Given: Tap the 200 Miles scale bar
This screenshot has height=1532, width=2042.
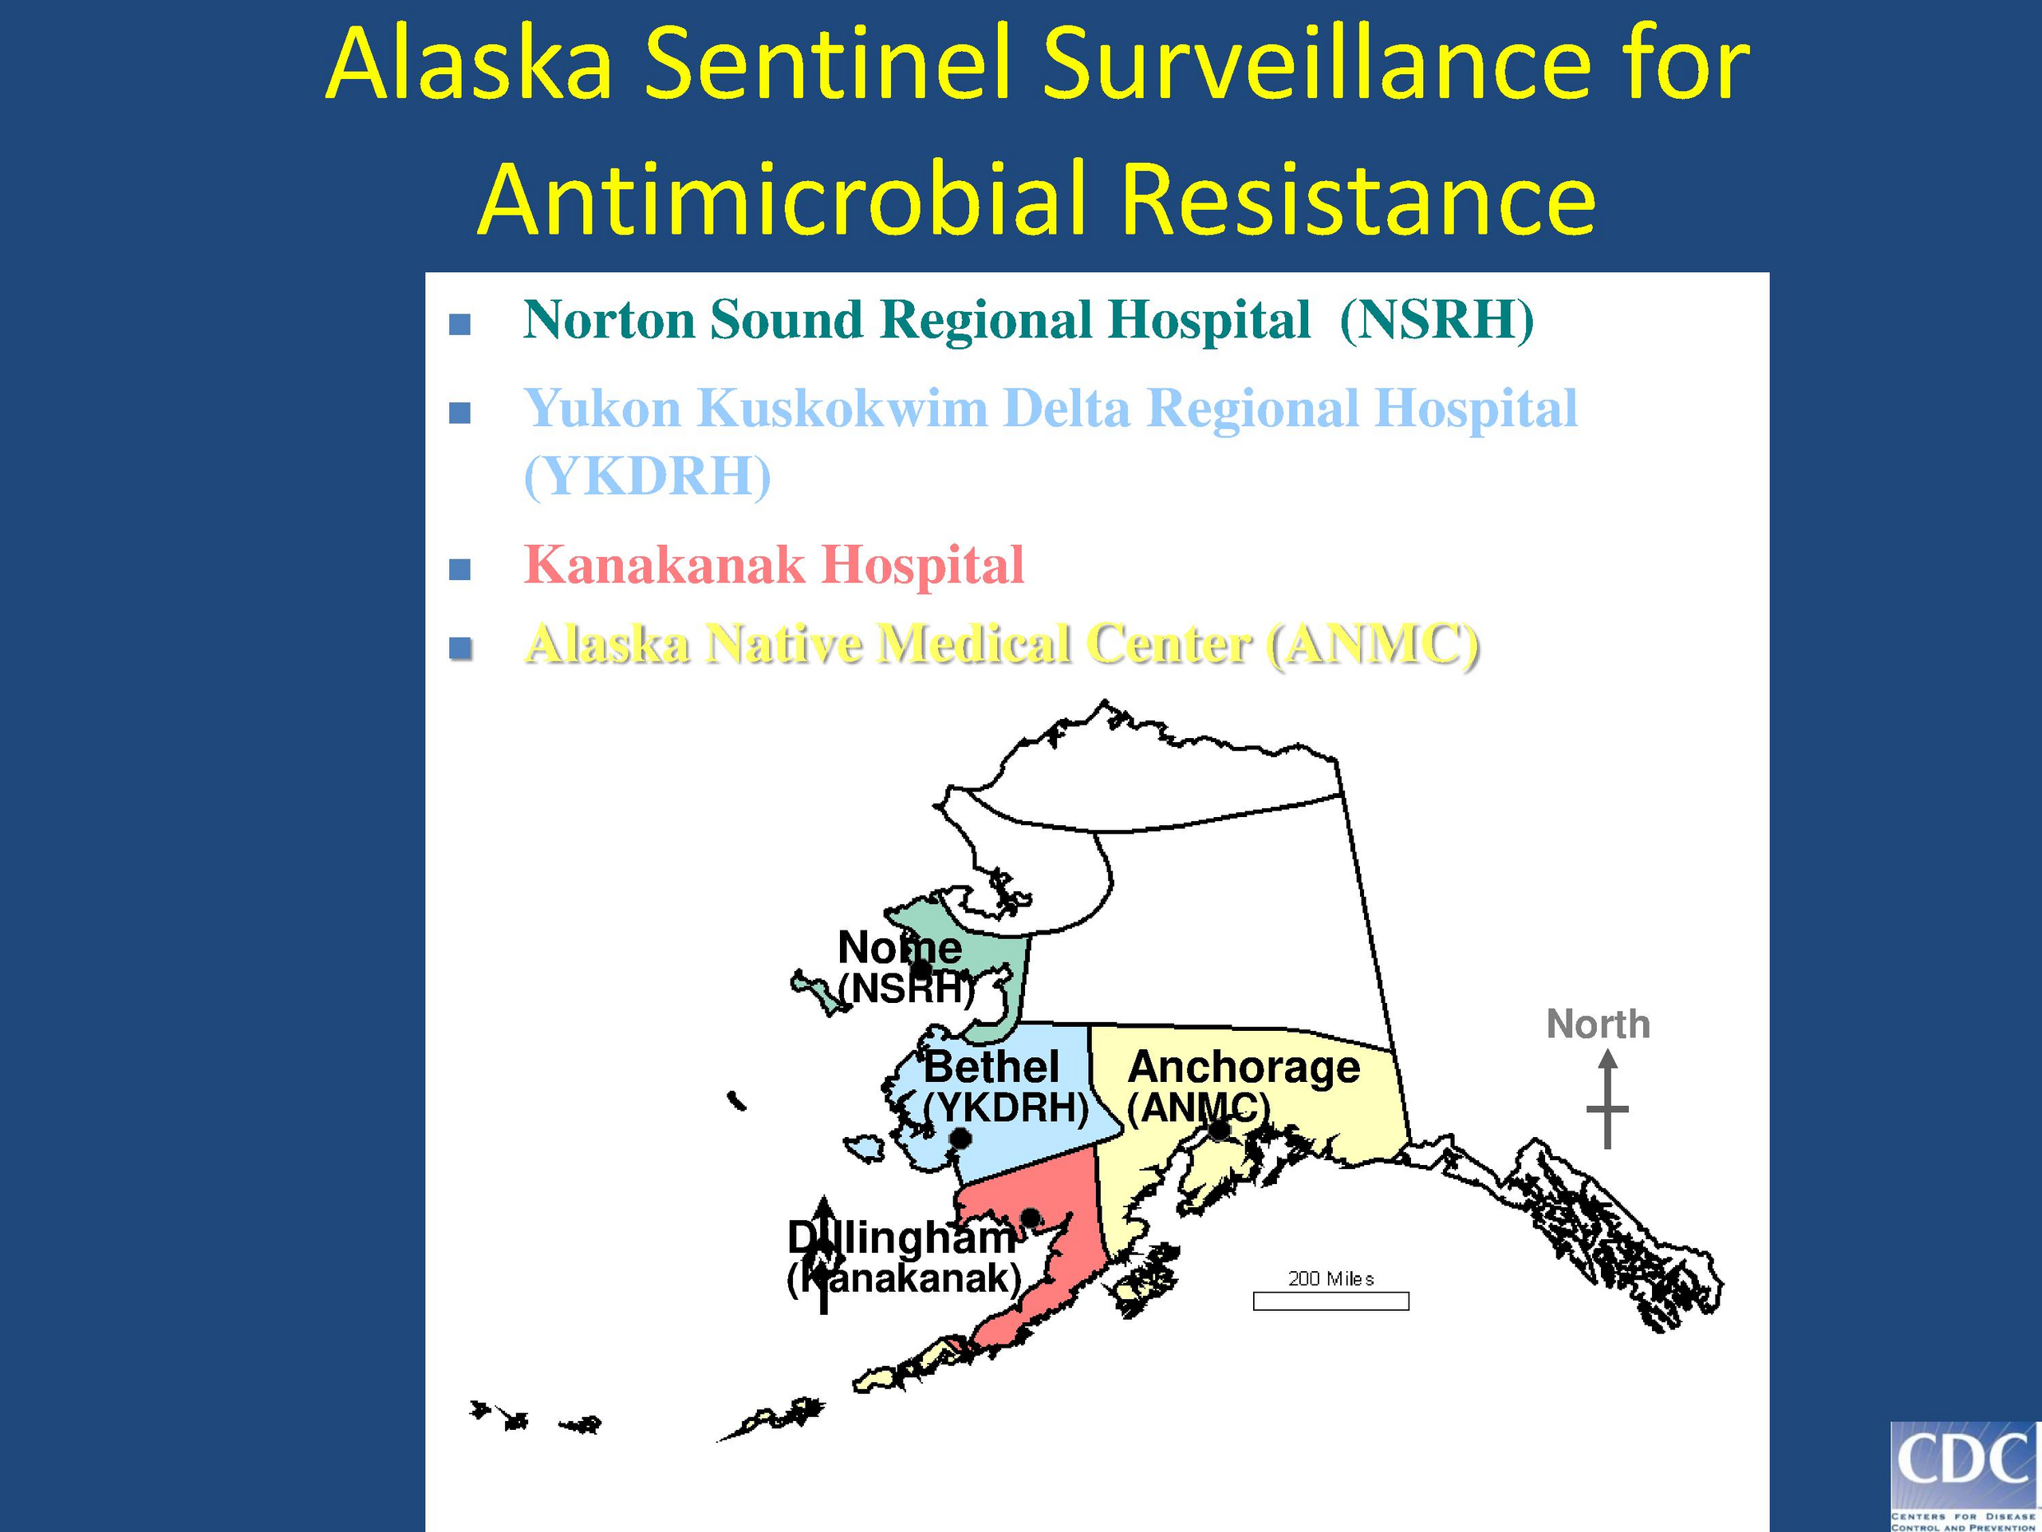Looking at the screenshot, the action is pos(1330,1301).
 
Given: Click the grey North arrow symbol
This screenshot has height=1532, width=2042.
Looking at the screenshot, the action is pos(1607,1101).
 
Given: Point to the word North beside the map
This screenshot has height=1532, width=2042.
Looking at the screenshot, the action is pos(1598,1024).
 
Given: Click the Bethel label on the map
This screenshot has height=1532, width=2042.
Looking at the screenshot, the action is pos(991,1067).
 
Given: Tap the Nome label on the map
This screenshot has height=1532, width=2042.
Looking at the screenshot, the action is pos(899,947).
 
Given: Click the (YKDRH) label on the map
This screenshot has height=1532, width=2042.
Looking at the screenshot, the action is pos(1006,1108).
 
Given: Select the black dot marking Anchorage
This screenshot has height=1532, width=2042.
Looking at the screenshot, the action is pos(1220,1129).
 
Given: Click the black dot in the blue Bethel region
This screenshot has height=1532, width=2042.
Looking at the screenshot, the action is pos(960,1139).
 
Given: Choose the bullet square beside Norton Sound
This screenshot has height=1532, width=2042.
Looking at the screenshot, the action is pos(459,325).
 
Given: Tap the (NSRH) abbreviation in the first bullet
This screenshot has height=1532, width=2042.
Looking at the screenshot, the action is pos(1437,322).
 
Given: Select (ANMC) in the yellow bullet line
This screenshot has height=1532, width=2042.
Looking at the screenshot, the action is pos(1374,645).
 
